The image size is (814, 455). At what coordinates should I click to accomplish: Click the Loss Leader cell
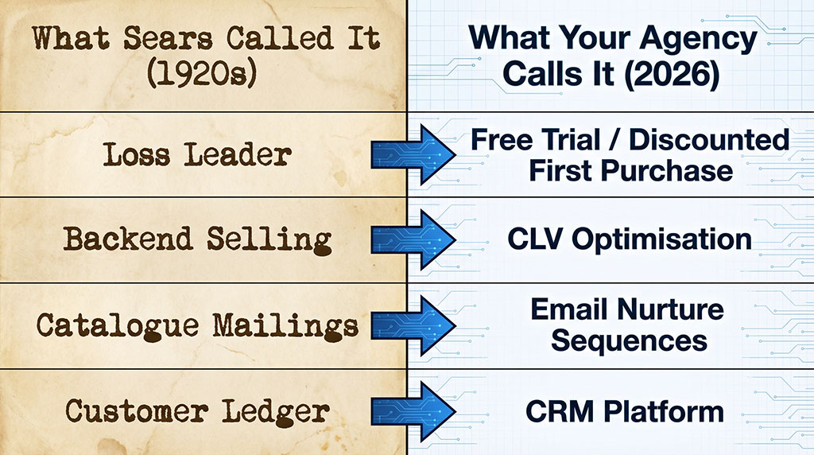click(196, 154)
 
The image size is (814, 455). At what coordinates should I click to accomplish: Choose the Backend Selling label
click(196, 239)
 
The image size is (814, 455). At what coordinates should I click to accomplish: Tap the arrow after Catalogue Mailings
click(413, 325)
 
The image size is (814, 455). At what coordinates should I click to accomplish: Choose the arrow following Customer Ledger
click(413, 411)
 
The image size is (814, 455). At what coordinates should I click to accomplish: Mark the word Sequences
click(629, 340)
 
